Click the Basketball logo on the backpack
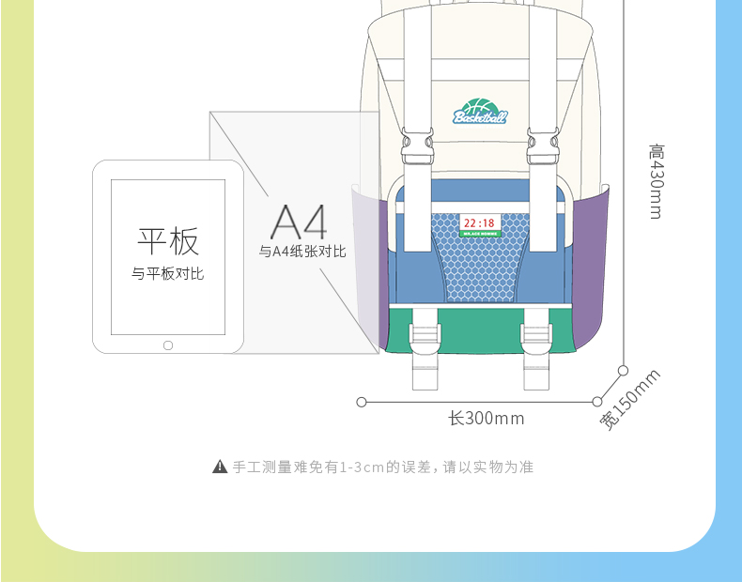(480, 112)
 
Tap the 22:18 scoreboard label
(479, 224)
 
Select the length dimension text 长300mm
(486, 418)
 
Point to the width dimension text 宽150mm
(631, 399)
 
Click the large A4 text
(300, 222)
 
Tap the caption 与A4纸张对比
(302, 252)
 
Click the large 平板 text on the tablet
(168, 240)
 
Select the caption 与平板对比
(167, 273)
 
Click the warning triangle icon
(220, 467)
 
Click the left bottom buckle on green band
(425, 339)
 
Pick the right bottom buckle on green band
(537, 339)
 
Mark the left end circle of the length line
(362, 402)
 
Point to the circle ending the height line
(622, 370)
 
